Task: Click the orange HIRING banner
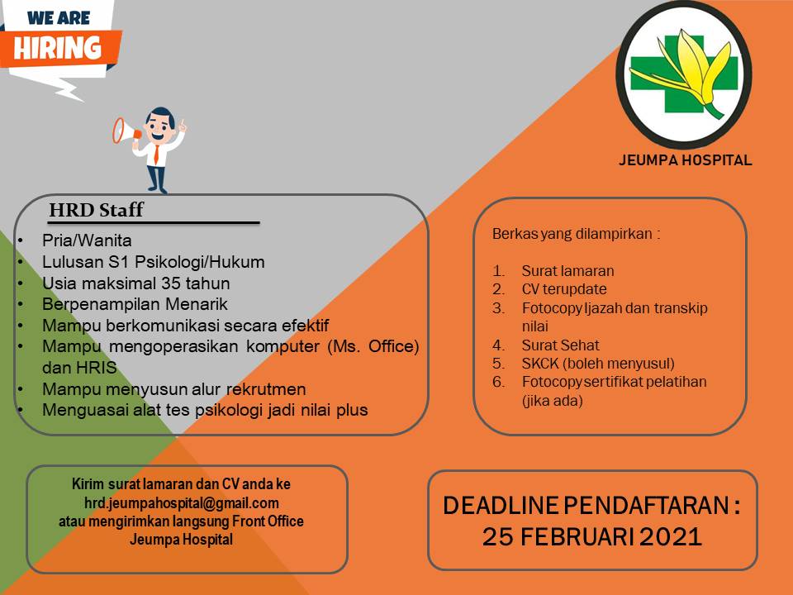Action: pyautogui.click(x=63, y=47)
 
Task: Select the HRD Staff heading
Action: pyautogui.click(x=96, y=210)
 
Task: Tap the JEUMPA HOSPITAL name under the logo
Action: pyautogui.click(x=685, y=160)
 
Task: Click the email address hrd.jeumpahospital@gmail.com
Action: pyautogui.click(x=182, y=502)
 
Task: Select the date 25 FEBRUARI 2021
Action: pyautogui.click(x=592, y=536)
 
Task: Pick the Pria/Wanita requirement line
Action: pyautogui.click(x=87, y=240)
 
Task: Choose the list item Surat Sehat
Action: pyautogui.click(x=560, y=345)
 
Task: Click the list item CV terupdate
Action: pyautogui.click(x=563, y=289)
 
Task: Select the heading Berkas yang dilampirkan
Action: pyautogui.click(x=576, y=234)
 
